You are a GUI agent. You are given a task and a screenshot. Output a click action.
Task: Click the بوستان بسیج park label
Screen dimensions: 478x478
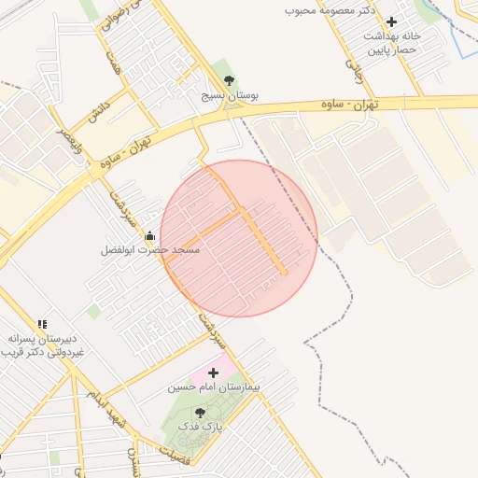230,95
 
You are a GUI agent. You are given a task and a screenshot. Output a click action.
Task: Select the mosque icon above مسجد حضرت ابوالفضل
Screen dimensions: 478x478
149,237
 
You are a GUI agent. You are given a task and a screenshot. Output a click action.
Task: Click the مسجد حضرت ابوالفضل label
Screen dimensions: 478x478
150,251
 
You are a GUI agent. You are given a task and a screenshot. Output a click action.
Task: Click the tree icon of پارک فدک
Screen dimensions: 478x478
200,412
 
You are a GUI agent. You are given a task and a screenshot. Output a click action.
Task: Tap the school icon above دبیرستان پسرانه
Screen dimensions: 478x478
42,323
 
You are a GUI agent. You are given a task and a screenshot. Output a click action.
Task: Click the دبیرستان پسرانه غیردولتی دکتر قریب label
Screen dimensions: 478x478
42,344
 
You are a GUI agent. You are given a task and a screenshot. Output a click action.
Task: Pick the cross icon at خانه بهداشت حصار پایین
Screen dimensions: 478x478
390,21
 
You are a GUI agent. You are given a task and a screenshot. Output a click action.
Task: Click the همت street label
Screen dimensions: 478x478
114,63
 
